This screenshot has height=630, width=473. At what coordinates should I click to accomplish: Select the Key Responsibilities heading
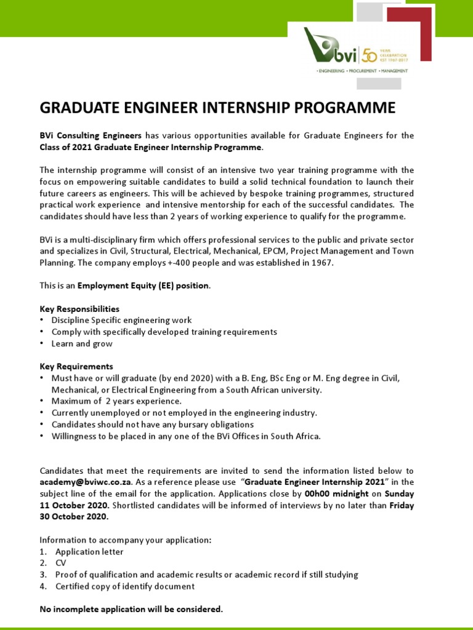point(79,308)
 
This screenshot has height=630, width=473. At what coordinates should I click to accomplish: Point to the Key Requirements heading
point(76,366)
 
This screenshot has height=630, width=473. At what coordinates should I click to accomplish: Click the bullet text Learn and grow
point(82,343)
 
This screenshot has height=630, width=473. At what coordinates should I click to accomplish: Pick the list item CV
point(61,563)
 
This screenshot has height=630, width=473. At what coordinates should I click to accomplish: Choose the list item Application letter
point(89,551)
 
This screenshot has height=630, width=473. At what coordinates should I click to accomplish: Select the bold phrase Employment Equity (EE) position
point(142,285)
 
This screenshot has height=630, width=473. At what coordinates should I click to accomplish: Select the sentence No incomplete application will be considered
point(131,609)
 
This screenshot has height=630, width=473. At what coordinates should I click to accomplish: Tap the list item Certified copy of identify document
point(124,586)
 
